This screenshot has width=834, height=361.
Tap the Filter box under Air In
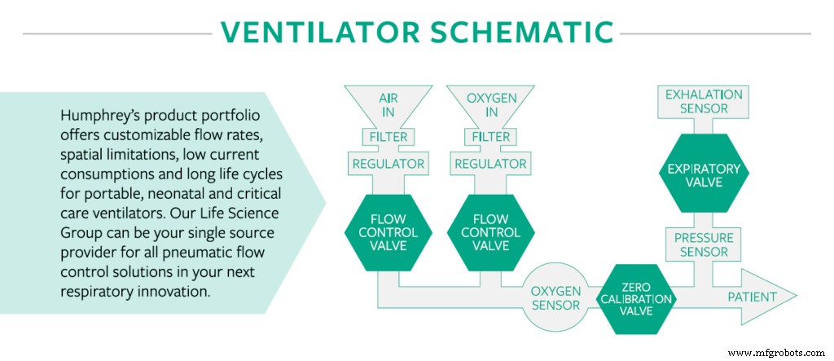point(388,137)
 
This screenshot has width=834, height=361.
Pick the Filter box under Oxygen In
point(490,137)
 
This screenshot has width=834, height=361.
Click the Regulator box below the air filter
point(388,164)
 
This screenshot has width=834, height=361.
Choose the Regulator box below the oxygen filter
point(490,164)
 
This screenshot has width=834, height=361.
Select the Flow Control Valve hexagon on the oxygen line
point(490,232)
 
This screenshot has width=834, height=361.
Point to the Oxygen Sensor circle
point(555,297)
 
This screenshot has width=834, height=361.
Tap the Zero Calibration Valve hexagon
point(635,298)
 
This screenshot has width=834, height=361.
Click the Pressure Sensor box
point(703,244)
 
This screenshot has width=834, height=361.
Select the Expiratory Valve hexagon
point(703,175)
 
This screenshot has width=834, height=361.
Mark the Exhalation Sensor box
point(703,101)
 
